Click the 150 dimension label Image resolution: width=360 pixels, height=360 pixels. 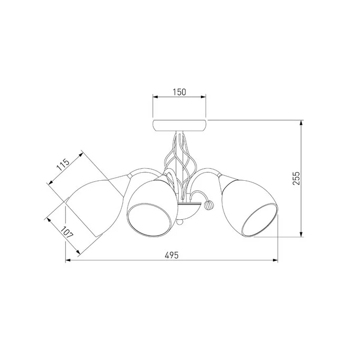point(179,92)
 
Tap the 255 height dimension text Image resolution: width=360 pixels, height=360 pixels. point(296,178)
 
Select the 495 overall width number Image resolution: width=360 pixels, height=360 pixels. point(171,255)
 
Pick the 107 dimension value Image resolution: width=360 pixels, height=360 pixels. point(67,232)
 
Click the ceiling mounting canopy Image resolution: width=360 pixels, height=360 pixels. point(180,125)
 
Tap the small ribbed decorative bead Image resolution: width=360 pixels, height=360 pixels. point(209,204)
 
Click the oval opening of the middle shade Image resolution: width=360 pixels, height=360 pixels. point(149,219)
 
